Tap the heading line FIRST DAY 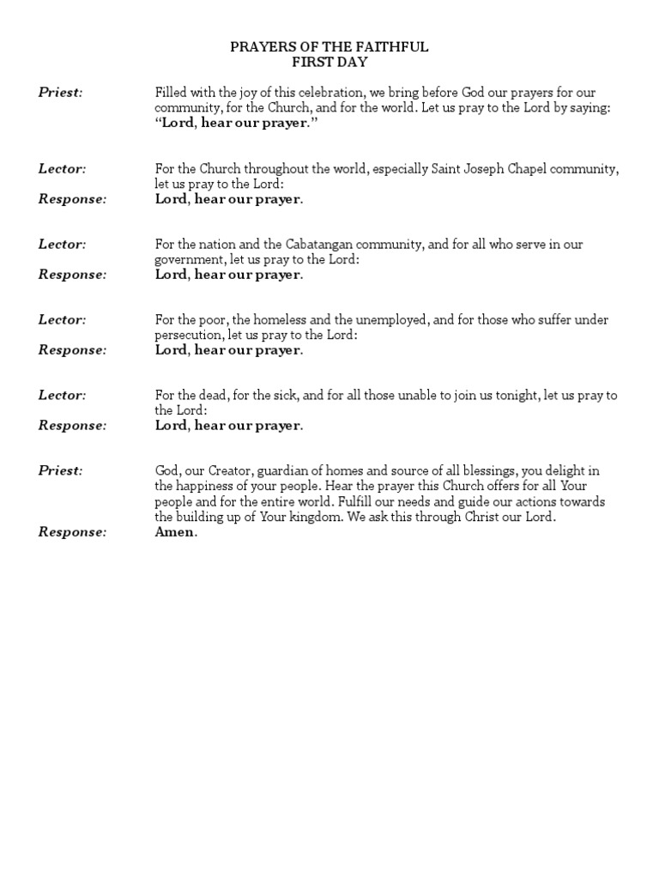point(329,62)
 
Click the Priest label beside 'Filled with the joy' point(60,93)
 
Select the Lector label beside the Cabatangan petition point(62,244)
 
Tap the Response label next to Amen point(72,532)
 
